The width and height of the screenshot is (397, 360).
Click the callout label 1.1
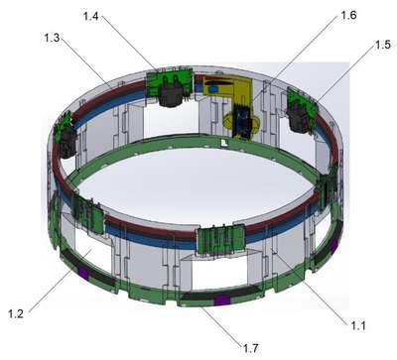click(358, 326)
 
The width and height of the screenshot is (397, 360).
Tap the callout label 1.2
click(16, 313)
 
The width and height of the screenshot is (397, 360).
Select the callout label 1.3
click(52, 38)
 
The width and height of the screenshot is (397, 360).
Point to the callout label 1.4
click(91, 16)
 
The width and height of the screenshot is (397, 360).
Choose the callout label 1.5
click(383, 45)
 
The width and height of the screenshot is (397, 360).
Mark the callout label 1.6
click(348, 15)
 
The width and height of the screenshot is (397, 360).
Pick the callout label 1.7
click(251, 348)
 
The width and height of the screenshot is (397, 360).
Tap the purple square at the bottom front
click(221, 300)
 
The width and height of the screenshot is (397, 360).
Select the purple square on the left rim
click(83, 274)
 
